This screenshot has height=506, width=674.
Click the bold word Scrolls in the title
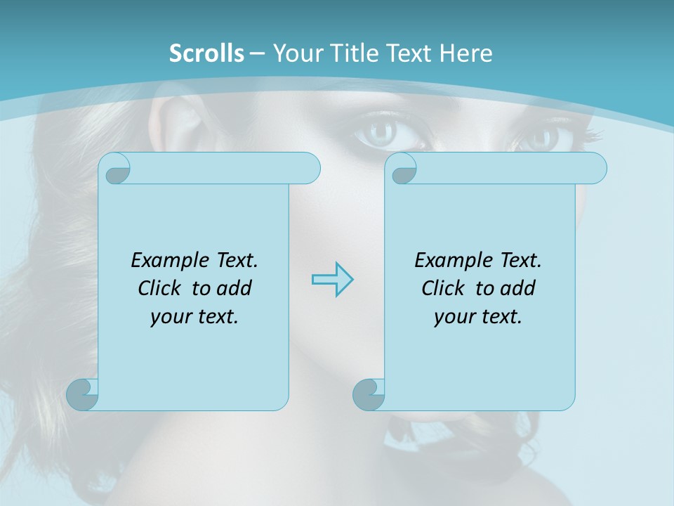pos(206,53)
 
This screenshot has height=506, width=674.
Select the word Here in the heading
pos(466,53)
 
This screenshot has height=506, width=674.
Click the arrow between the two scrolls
pos(332,280)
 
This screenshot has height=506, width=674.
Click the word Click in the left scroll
pos(161,288)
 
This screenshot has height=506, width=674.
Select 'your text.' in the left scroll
pos(194,317)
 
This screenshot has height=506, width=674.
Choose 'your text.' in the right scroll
pos(478,317)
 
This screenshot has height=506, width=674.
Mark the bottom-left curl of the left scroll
pos(83,394)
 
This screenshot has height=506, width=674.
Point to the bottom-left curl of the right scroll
pos(369,394)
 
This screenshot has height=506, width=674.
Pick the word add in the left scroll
pos(234,288)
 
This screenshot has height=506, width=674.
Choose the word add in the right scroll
pos(517,288)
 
